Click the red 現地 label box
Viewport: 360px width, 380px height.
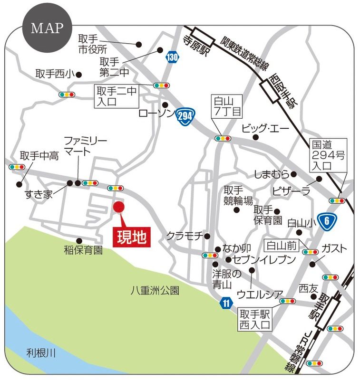pyautogui.click(x=132, y=237)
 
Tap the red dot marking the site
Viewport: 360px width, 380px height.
pyautogui.click(x=118, y=207)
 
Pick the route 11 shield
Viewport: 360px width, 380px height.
pyautogui.click(x=226, y=303)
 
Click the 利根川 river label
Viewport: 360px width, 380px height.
pyautogui.click(x=41, y=352)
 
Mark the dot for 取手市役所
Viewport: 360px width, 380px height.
pyautogui.click(x=139, y=44)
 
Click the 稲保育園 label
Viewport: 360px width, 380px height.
pyautogui.click(x=84, y=250)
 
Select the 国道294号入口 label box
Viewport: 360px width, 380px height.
pyautogui.click(x=329, y=155)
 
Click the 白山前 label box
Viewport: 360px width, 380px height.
pyautogui.click(x=282, y=246)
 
